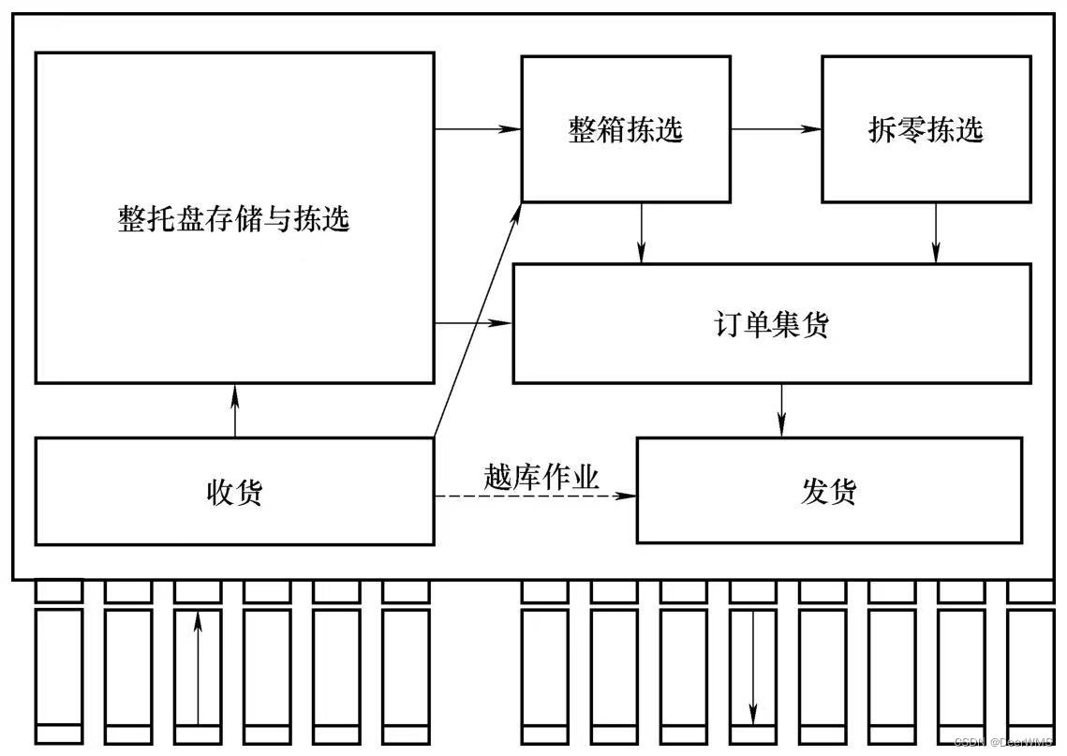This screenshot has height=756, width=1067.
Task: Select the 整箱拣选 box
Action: coord(625,129)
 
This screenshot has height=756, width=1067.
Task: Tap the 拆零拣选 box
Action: coord(926,129)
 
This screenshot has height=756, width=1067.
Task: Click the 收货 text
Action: coord(234,492)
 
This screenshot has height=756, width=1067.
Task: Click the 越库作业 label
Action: coord(541,477)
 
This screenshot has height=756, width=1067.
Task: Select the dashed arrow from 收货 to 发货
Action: coord(534,496)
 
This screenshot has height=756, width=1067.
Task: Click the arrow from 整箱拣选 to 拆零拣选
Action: coord(776,128)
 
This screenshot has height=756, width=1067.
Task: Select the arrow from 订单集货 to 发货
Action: coord(782,409)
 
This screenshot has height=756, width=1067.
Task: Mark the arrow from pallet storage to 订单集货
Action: coord(474,323)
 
